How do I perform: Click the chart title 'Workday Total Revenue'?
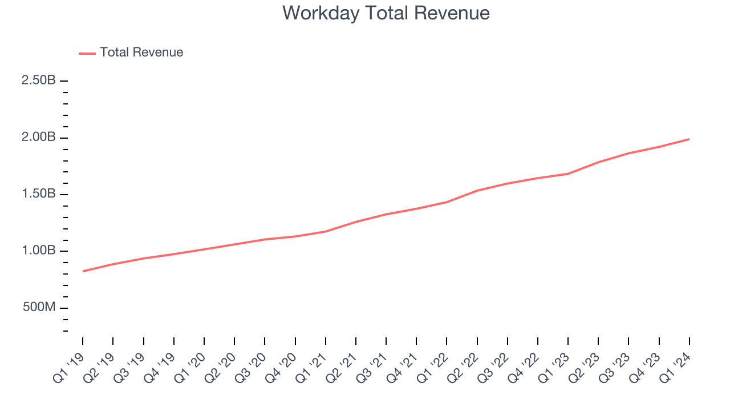(386, 13)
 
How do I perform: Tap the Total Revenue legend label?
(141, 53)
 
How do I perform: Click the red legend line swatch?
(87, 53)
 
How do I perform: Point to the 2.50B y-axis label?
(39, 80)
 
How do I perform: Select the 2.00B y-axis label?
(39, 138)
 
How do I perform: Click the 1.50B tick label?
(39, 194)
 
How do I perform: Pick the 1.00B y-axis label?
(39, 251)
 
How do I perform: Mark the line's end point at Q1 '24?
(689, 139)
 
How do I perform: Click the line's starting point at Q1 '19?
(83, 271)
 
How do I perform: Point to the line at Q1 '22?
(447, 202)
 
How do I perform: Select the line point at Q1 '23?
(568, 174)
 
